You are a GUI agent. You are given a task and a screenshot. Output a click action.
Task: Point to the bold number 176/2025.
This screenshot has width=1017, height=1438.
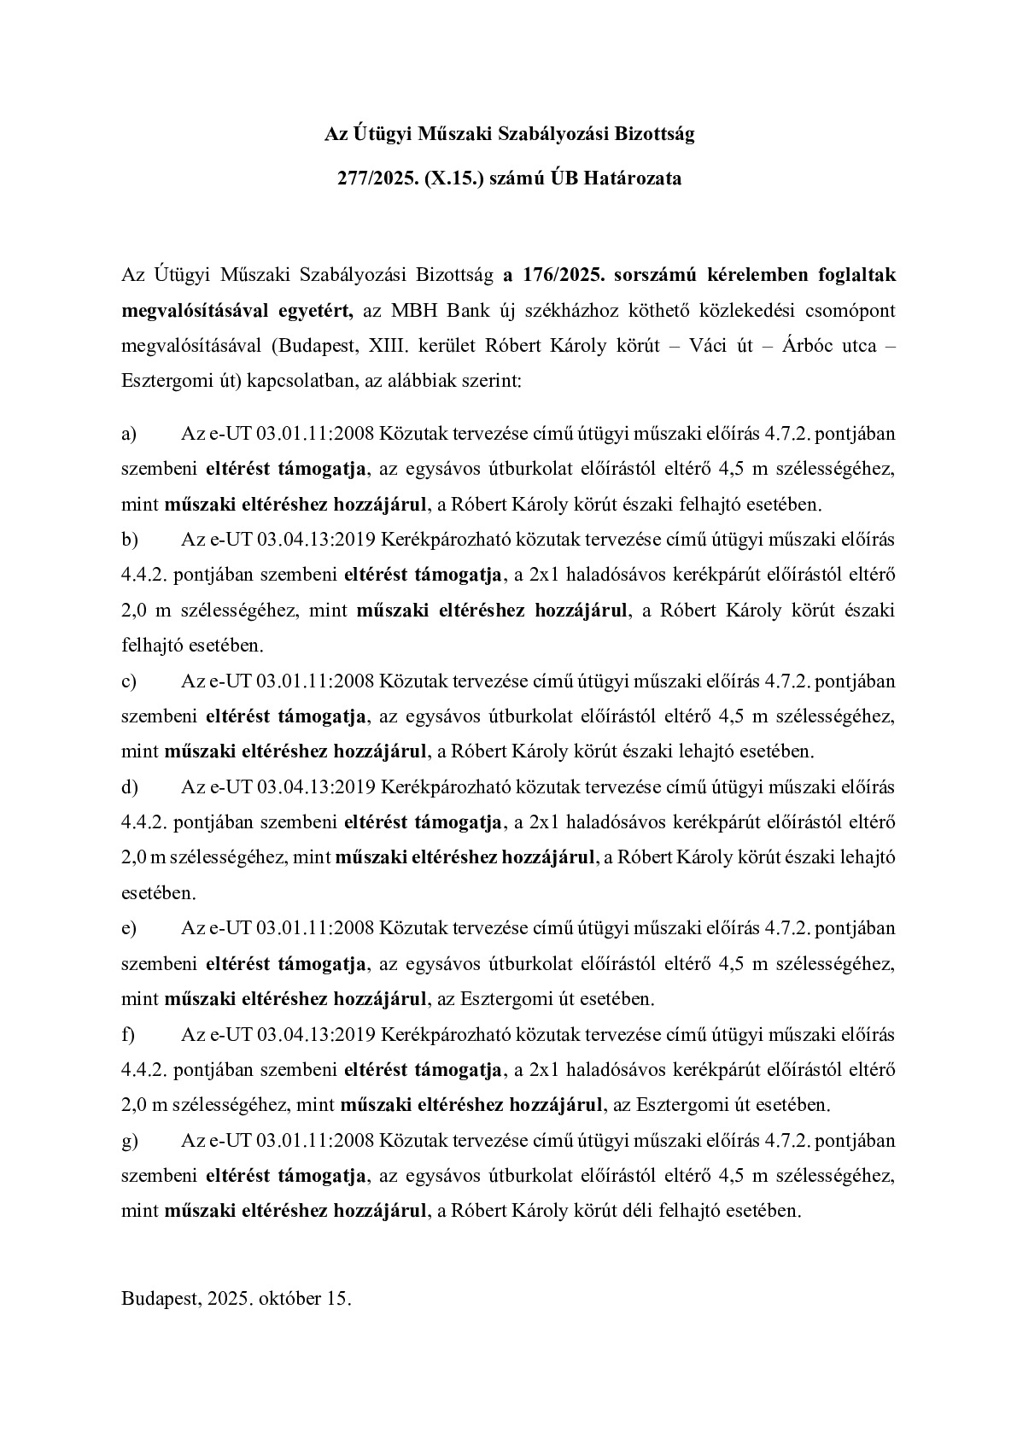[555, 275]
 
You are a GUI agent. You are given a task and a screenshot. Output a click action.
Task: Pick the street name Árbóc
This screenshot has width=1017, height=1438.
[796, 346]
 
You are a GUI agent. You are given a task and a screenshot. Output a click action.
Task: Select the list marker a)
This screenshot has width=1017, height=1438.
[129, 434]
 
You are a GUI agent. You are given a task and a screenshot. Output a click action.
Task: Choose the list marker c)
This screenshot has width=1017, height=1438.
[129, 681]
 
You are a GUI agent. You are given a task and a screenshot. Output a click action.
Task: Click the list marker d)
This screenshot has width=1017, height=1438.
[130, 786]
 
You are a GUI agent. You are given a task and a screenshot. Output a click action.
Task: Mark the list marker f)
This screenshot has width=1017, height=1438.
[128, 1035]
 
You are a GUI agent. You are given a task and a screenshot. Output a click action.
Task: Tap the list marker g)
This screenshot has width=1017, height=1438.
[130, 1141]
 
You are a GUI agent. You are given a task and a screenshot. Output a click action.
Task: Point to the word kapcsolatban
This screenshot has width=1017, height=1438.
[299, 381]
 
